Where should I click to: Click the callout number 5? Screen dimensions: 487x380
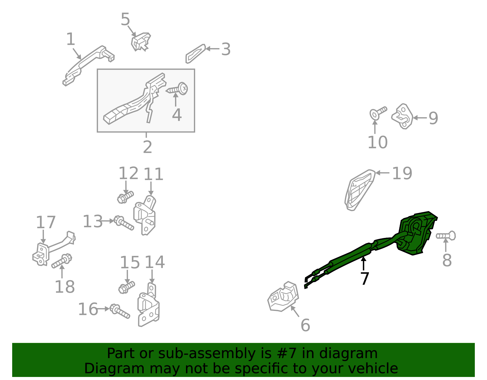125,19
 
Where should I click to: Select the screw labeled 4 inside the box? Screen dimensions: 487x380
177,89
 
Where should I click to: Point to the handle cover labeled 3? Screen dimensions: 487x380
196,54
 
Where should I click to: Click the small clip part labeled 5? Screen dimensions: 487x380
141,42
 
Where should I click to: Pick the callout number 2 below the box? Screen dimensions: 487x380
147,147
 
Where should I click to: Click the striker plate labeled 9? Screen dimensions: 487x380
402,116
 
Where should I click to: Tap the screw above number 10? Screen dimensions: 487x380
378,113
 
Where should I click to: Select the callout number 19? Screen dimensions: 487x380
402,173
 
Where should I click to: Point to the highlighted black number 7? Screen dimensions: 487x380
365,279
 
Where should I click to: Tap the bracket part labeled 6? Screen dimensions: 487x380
283,296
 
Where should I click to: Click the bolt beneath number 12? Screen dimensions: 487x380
125,197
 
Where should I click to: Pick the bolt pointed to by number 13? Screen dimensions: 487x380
124,223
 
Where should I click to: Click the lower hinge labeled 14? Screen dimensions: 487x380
149,305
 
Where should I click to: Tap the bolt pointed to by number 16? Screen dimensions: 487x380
120,311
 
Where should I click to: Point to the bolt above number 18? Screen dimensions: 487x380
61,261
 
